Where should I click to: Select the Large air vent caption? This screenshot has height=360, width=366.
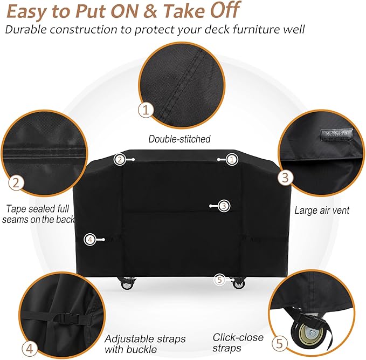(x=322, y=210)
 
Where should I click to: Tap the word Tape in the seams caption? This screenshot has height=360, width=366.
(x=16, y=208)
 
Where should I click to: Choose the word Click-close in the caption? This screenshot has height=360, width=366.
(x=238, y=337)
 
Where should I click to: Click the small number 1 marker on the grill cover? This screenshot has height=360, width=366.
(x=231, y=159)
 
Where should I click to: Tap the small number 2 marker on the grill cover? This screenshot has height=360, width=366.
(x=120, y=159)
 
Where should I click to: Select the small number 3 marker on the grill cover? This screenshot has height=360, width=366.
(x=224, y=206)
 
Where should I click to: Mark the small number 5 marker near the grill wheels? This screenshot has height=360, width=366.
(x=219, y=280)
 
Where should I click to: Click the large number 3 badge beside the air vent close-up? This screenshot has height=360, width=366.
(x=286, y=177)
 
